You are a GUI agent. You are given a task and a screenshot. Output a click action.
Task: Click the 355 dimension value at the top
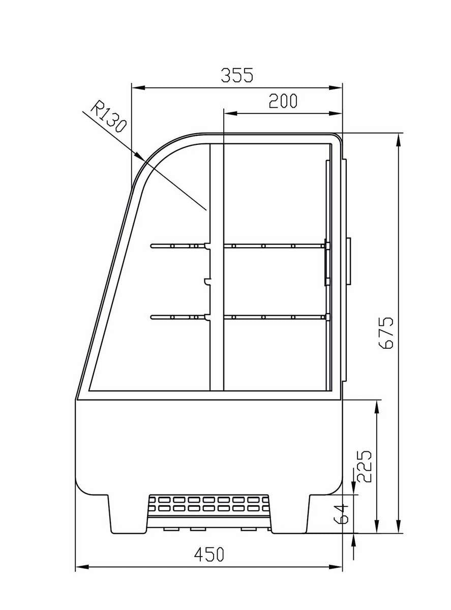coord(236,75)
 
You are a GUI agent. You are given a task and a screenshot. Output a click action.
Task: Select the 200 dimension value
coord(283,101)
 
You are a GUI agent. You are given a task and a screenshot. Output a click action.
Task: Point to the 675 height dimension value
coord(386,332)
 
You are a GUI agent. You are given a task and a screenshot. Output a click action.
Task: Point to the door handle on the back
coord(348,261)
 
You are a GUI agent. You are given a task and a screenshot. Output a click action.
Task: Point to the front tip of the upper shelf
coord(152,247)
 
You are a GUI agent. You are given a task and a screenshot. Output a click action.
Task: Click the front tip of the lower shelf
coord(152,317)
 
